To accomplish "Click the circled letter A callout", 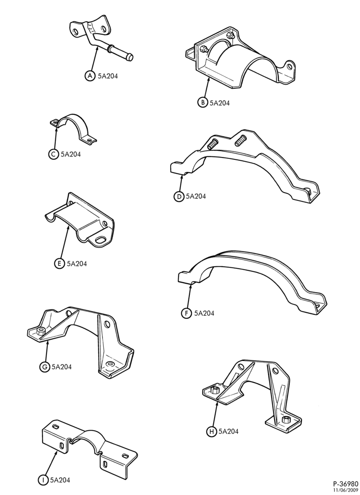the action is tap(90, 76).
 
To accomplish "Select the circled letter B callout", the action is tap(203, 102).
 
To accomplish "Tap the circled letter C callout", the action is tap(53, 154).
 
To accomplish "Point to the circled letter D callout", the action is tap(179, 197).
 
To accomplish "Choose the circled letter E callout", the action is tap(59, 264).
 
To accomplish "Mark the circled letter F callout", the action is tap(186, 313).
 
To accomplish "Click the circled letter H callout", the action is tap(211, 431).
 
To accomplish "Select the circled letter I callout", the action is tap(42, 480).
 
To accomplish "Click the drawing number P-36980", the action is tap(346, 484).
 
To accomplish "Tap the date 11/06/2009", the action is tap(347, 490).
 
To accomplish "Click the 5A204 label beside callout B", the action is tap(220, 103).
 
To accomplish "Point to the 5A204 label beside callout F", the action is tap(204, 313).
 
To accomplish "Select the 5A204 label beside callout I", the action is tap(60, 480).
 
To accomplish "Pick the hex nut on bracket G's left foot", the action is tap(41, 332).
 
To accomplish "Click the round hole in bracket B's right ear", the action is tap(289, 66).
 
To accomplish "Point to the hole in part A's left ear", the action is tap(75, 32).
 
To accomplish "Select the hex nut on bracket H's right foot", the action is tap(286, 420).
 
